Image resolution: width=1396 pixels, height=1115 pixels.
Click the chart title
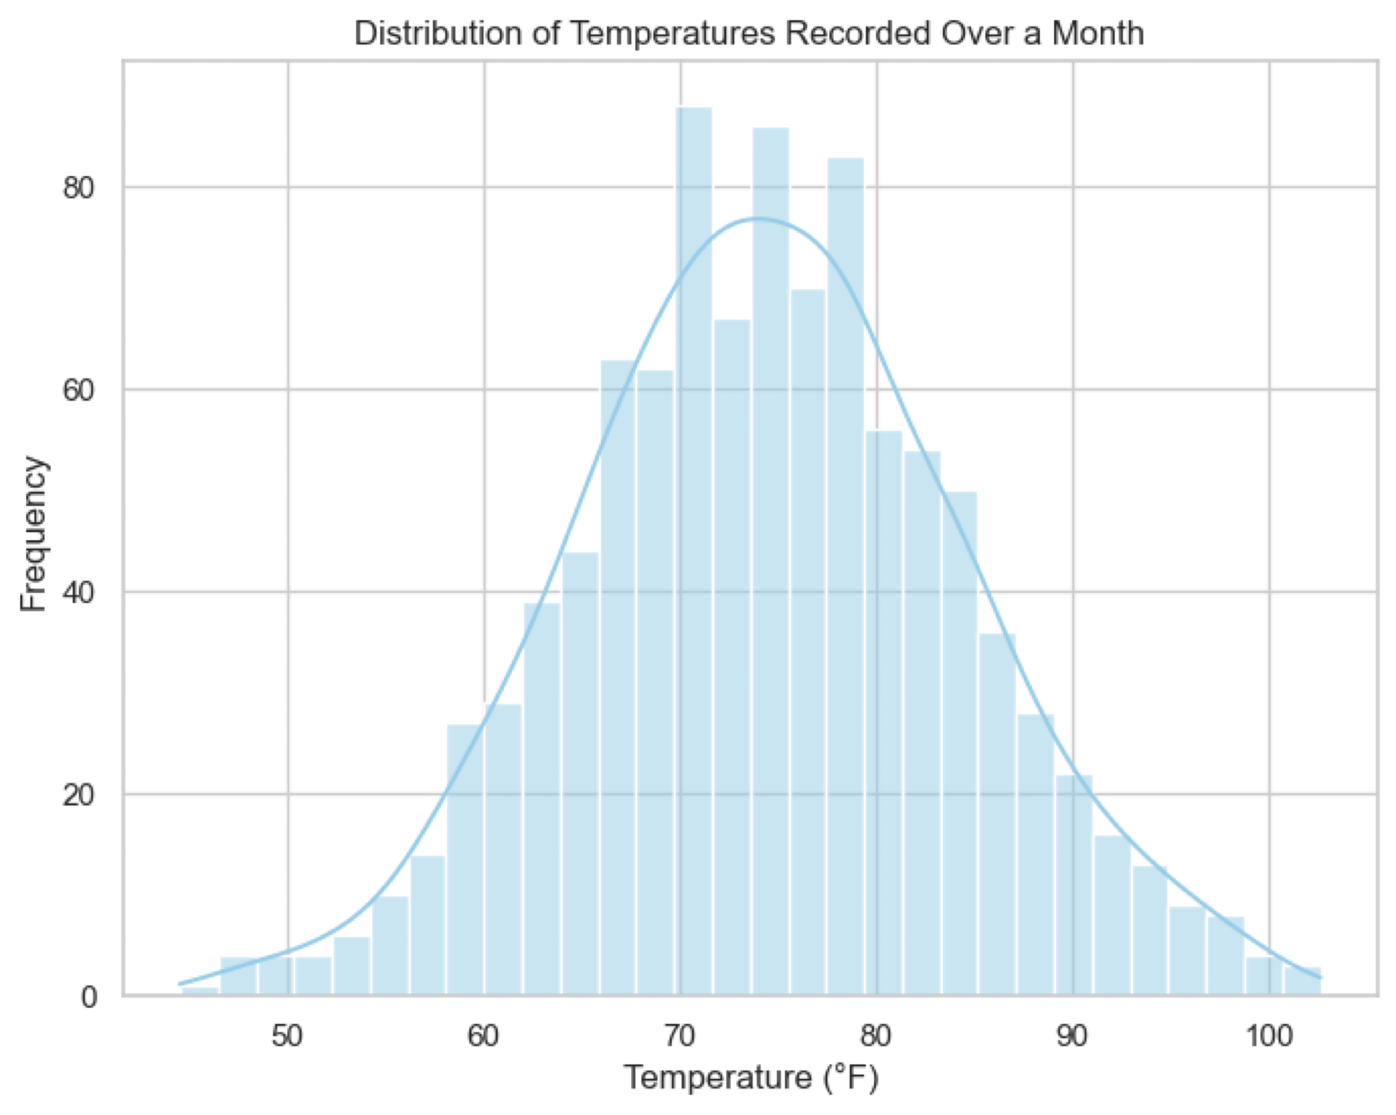click(x=749, y=34)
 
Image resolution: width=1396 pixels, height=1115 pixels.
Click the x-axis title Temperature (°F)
click(x=751, y=1077)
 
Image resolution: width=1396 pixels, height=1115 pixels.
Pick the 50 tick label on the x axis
click(x=287, y=1036)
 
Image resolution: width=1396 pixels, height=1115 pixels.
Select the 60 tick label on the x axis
click(x=484, y=1036)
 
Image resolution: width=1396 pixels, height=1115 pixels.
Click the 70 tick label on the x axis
click(x=680, y=1036)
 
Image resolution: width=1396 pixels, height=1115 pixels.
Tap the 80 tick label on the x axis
click(x=876, y=1036)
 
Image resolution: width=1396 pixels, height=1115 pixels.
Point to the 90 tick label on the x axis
click(x=1072, y=1036)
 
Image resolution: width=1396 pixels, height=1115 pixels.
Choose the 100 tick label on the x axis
click(x=1269, y=1036)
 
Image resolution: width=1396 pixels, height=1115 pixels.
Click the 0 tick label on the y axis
click(x=88, y=998)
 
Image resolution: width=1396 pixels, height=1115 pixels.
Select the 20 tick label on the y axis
click(x=79, y=795)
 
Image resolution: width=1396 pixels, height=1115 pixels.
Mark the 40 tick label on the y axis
click(x=79, y=593)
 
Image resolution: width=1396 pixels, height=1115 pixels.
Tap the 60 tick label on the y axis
click(x=79, y=390)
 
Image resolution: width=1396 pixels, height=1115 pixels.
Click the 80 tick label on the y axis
click(x=79, y=188)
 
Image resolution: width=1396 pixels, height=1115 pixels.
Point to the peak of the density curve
click(x=757, y=218)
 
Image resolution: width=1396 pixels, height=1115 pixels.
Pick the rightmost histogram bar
click(x=1302, y=981)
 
